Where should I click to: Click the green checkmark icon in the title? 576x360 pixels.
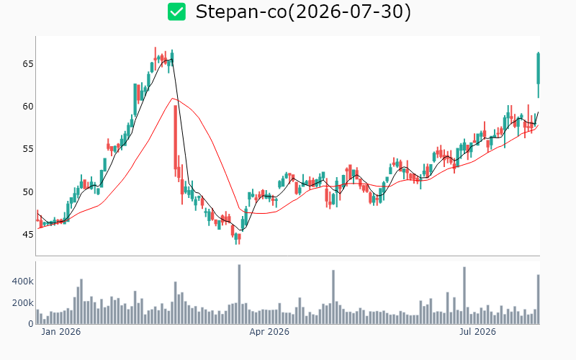(176, 12)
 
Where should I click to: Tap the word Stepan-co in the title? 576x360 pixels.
(241, 12)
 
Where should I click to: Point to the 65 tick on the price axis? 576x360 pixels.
(28, 64)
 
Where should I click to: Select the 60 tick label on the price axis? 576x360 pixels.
(28, 107)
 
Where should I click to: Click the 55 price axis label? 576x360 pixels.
(28, 149)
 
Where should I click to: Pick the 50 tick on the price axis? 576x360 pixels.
(28, 192)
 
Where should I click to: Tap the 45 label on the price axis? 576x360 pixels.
(28, 235)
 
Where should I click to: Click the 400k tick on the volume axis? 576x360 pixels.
(23, 282)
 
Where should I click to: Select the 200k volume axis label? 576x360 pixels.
(23, 303)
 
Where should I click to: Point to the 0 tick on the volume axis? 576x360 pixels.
(31, 324)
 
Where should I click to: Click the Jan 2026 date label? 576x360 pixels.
(61, 332)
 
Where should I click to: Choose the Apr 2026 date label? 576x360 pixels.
(269, 332)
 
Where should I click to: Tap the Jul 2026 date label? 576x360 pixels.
(477, 332)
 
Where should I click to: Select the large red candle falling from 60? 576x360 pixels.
(175, 138)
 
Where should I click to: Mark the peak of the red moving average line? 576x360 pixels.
(172, 99)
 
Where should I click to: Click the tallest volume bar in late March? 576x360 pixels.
(239, 294)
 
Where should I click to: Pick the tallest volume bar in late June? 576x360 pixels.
(464, 295)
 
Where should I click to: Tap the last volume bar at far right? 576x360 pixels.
(538, 300)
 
